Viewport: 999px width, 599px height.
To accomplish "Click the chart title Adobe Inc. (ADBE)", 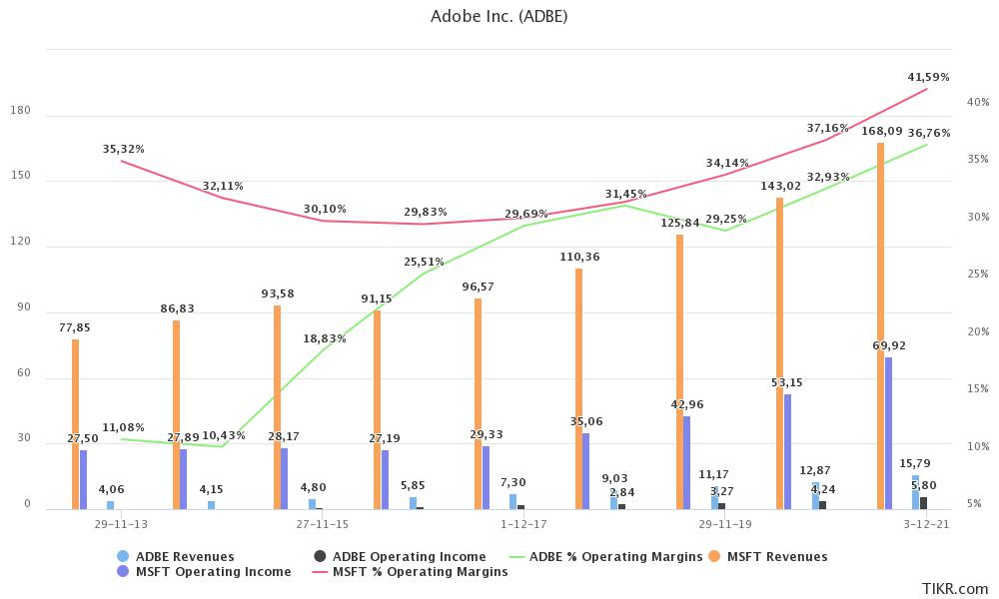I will click(x=499, y=16).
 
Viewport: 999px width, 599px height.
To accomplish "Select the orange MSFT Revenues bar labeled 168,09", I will click(x=880, y=325).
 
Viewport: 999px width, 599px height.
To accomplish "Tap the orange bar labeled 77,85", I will click(x=75, y=424).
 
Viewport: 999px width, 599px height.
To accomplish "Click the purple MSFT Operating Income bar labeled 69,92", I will click(x=888, y=433).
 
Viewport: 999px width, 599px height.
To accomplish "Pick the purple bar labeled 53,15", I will click(x=787, y=451).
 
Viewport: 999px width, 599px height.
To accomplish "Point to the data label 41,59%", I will click(x=928, y=77).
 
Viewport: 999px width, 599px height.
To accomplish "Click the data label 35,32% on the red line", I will click(x=123, y=149).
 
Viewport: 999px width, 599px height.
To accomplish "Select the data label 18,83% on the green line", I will click(x=325, y=338).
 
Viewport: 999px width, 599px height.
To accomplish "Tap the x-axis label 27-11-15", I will click(x=322, y=523).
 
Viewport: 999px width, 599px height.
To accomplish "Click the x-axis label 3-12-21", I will click(x=925, y=523).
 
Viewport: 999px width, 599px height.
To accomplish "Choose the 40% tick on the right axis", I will click(x=977, y=102).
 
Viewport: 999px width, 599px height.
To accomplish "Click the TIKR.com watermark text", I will click(x=955, y=589).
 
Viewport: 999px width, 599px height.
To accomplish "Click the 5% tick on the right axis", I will click(x=973, y=504).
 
